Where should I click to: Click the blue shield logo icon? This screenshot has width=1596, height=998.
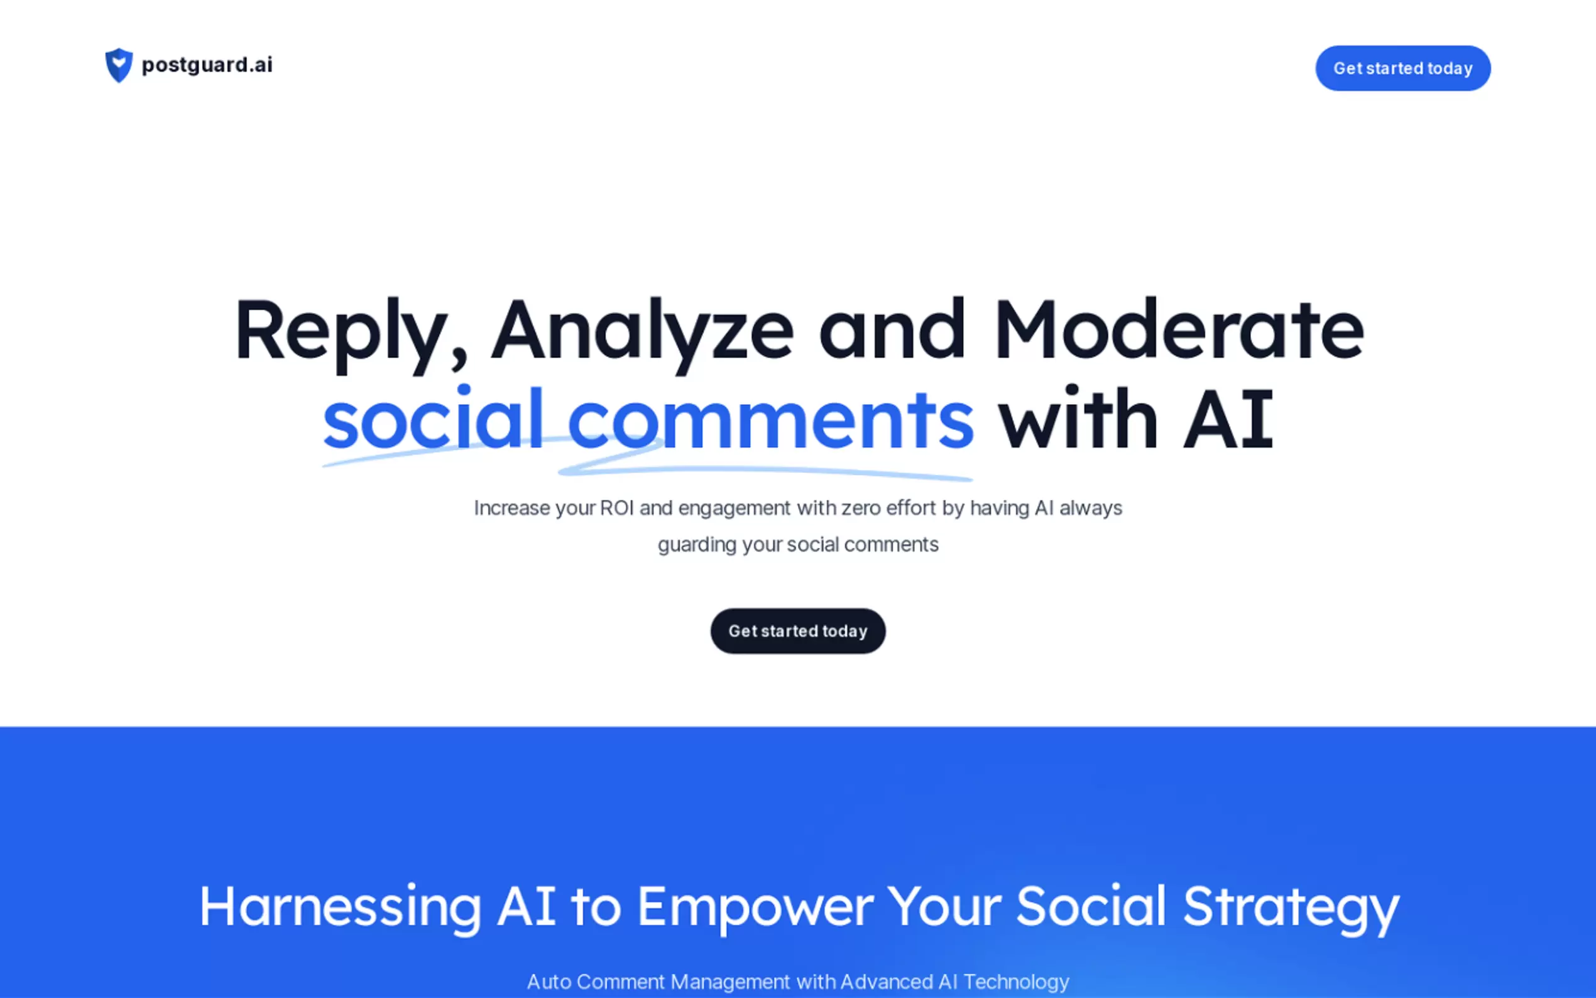coord(119,65)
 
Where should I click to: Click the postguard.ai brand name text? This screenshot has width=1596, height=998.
coord(207,65)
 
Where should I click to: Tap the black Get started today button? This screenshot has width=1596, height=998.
coord(797,631)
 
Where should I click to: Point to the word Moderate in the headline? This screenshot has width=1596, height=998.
coord(1178,329)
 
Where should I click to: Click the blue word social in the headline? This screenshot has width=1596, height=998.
coord(433,419)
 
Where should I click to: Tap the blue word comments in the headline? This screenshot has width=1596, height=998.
coord(770,422)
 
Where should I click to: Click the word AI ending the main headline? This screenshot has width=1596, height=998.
coord(1228,420)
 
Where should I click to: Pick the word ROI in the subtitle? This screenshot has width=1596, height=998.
coord(616,508)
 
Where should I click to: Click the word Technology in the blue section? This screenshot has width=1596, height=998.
coord(1016,982)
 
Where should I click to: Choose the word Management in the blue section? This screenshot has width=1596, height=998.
coord(730,982)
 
